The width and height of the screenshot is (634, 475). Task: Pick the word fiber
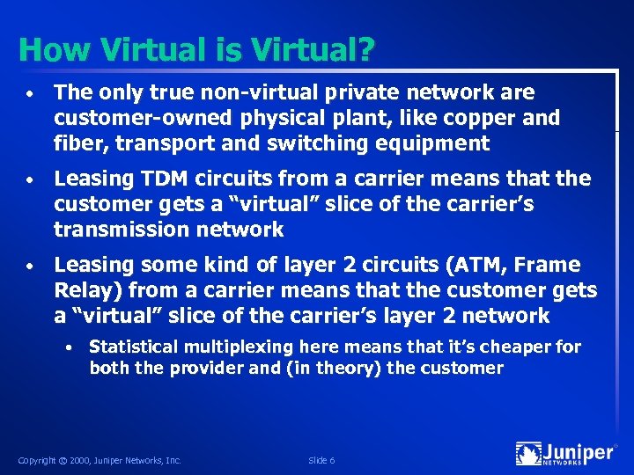(78, 142)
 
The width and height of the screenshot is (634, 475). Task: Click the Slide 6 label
(321, 460)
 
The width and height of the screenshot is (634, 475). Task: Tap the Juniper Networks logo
(565, 454)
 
